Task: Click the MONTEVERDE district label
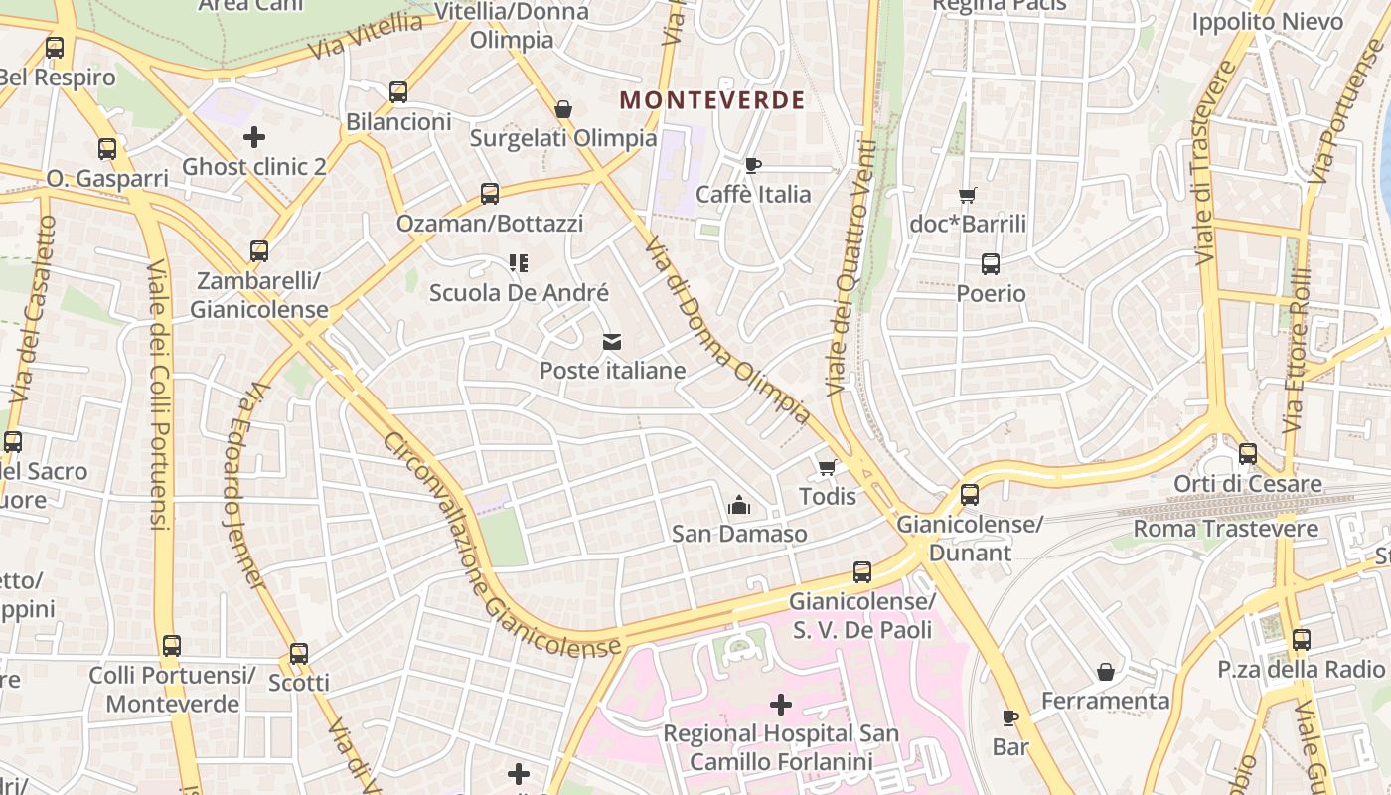coord(711,100)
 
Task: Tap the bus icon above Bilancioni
coord(398,92)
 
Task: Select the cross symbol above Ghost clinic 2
coord(254,137)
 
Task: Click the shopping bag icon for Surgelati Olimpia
coord(563,109)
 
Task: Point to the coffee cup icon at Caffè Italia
coord(753,165)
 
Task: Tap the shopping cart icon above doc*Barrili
coord(968,195)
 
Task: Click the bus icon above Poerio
coord(991,264)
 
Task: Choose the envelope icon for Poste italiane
coord(612,343)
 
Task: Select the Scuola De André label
coord(519,293)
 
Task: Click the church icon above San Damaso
coord(738,506)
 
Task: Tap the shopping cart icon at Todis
coord(827,467)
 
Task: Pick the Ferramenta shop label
coord(1105,701)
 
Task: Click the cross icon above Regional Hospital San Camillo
coord(781,705)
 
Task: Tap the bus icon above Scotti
coord(299,654)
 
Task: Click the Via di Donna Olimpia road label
coord(727,331)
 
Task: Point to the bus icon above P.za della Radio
coord(1302,641)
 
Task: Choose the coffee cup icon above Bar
coord(1009,717)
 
